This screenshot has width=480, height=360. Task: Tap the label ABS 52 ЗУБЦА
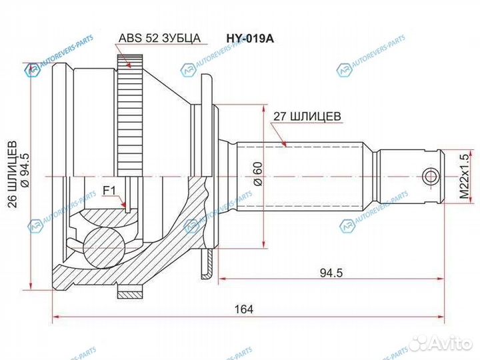click(160, 38)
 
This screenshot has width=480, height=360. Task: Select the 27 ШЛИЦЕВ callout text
click(307, 116)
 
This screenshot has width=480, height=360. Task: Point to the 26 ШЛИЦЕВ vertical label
click(11, 182)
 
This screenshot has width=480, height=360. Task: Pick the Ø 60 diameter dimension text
click(257, 175)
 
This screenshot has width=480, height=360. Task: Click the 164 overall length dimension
click(247, 308)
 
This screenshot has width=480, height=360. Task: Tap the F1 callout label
click(109, 191)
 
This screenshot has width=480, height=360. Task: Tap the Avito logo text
click(451, 343)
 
